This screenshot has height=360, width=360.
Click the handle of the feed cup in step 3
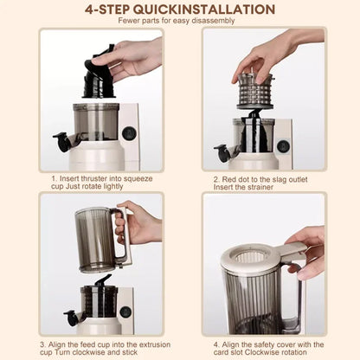(124, 235)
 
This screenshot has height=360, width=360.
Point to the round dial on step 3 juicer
(125, 311)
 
